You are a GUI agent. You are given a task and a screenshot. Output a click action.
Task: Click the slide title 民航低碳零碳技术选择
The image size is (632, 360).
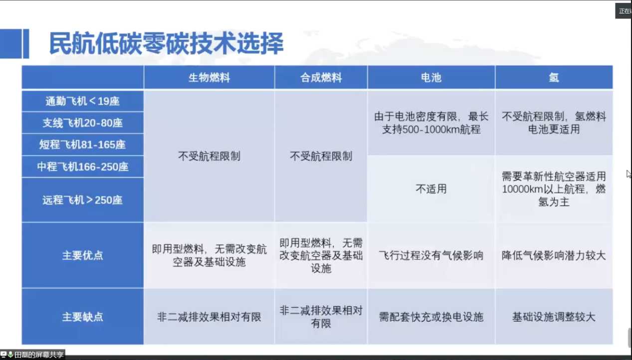(x=167, y=43)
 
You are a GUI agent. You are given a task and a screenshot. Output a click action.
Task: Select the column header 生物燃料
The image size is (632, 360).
(x=209, y=78)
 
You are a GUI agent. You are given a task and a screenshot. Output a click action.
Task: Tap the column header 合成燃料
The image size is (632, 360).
(x=321, y=78)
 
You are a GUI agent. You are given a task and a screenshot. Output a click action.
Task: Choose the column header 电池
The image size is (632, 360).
(x=431, y=78)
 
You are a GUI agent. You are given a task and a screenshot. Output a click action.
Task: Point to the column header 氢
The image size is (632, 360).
(x=554, y=78)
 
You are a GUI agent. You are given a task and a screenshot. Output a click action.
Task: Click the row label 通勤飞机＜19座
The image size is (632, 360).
(x=82, y=101)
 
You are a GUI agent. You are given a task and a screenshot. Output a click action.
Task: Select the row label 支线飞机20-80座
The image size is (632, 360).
(x=82, y=123)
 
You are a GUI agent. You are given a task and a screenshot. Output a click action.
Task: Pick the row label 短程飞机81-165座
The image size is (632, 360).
(x=82, y=145)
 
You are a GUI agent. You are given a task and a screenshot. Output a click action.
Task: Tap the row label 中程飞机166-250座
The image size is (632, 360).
(x=82, y=167)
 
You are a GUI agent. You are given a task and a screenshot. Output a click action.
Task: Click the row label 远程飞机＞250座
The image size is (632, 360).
(x=82, y=200)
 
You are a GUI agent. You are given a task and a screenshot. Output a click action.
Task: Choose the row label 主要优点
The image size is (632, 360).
(x=82, y=255)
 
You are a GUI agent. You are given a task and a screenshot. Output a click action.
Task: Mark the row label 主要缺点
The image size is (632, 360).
(x=82, y=317)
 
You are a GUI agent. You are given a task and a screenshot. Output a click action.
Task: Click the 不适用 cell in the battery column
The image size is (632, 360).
(x=431, y=189)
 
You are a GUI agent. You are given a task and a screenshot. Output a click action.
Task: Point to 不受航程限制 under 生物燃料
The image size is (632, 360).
(x=209, y=156)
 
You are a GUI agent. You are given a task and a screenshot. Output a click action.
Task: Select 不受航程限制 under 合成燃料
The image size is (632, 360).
(x=321, y=156)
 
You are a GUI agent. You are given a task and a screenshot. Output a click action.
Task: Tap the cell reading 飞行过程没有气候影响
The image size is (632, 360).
(x=431, y=255)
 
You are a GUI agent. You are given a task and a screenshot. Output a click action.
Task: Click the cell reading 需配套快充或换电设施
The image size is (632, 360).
(x=431, y=317)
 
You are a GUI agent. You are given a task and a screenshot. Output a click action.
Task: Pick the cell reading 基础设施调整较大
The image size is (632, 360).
(x=554, y=317)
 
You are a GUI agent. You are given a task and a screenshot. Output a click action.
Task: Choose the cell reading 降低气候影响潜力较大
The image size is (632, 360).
(x=554, y=255)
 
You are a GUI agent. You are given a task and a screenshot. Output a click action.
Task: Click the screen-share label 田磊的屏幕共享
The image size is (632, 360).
(x=38, y=355)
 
